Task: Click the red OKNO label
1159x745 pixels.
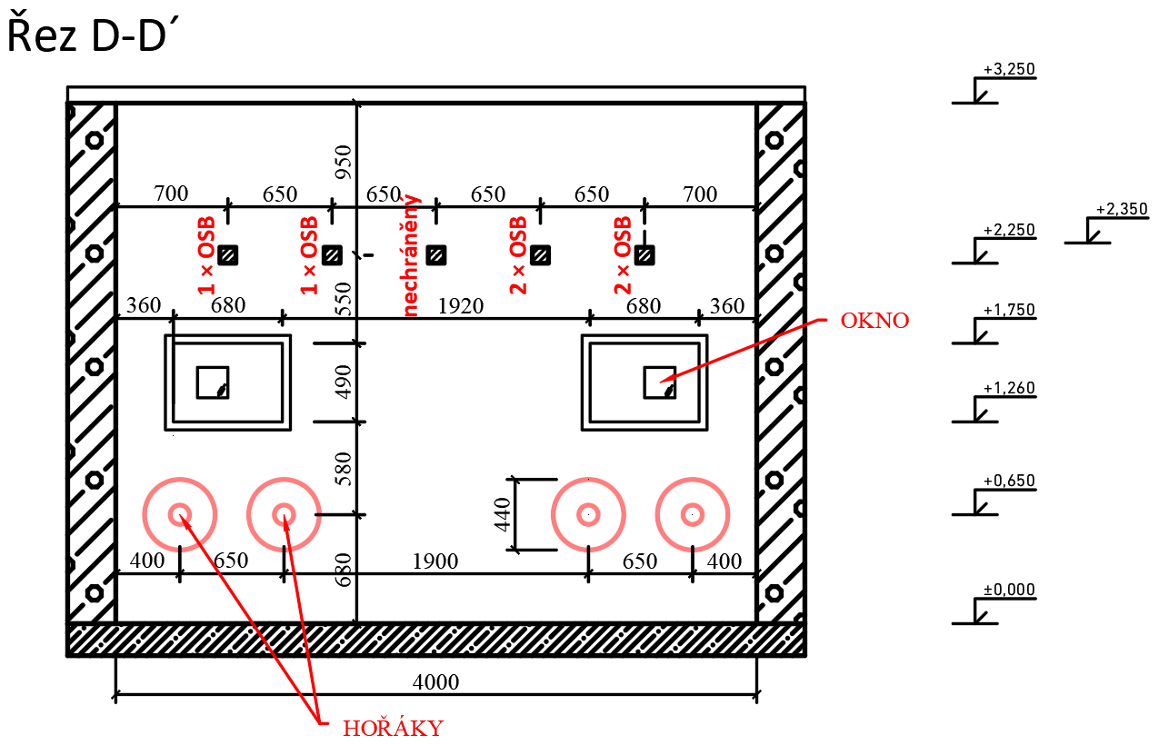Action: click(874, 321)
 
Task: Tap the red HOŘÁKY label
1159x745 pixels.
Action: click(393, 728)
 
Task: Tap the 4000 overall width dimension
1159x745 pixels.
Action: click(436, 682)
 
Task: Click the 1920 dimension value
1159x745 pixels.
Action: click(461, 306)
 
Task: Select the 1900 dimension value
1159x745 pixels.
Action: click(435, 561)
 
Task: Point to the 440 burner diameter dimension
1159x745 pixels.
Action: click(503, 514)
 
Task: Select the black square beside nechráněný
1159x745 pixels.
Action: click(436, 255)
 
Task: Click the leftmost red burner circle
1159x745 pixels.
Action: click(180, 514)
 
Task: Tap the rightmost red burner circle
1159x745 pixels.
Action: click(693, 514)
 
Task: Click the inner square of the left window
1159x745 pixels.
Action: click(213, 382)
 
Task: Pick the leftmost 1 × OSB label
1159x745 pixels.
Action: click(206, 255)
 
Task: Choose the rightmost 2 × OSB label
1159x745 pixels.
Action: click(623, 255)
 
